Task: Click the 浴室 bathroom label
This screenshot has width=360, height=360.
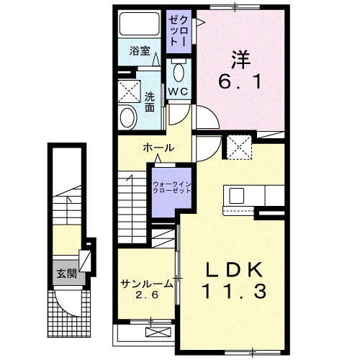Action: pyautogui.click(x=140, y=51)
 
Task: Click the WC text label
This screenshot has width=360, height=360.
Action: pyautogui.click(x=178, y=91)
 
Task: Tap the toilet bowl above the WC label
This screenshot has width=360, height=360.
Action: pyautogui.click(x=179, y=72)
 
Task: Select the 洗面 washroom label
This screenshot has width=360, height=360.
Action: pyautogui.click(x=150, y=102)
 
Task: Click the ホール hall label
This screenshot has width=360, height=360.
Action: pyautogui.click(x=158, y=148)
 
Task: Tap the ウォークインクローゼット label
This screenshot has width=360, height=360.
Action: pyautogui.click(x=172, y=188)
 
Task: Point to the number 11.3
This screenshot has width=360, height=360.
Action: pyautogui.click(x=234, y=292)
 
